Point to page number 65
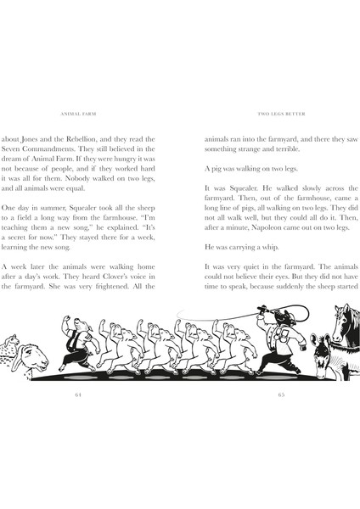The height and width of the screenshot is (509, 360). (x=280, y=394)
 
